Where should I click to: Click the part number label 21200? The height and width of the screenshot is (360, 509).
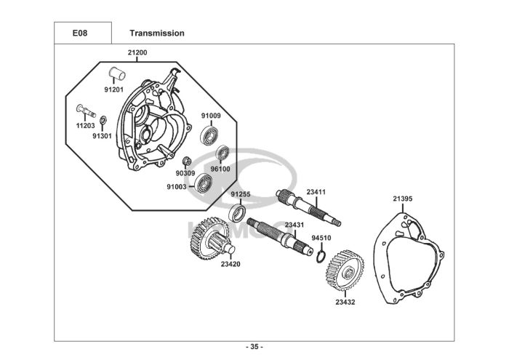pos(137,52)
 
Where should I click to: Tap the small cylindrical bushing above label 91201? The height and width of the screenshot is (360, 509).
pos(117,73)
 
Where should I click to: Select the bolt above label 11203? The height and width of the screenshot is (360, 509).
pos(86,111)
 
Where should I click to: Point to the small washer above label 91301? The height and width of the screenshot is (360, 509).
pos(103,119)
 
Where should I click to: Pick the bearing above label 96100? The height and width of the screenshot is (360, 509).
pos(223,153)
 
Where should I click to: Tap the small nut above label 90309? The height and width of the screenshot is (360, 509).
pos(186,161)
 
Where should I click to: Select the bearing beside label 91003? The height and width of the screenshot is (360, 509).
pos(204,183)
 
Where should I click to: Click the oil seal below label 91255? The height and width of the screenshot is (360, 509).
pos(237,212)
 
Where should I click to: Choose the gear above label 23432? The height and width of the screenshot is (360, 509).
pos(345,270)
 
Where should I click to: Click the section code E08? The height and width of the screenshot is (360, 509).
pos(80,33)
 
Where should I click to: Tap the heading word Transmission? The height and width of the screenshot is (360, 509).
pos(157,33)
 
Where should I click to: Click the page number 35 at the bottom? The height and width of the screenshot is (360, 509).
pos(254,347)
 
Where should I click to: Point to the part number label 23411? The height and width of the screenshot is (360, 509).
pos(316,192)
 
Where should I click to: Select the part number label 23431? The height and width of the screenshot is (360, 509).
pos(294,225)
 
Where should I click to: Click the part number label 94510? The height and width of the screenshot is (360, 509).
pos(321,238)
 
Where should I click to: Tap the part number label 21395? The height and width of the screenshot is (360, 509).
pos(403,199)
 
